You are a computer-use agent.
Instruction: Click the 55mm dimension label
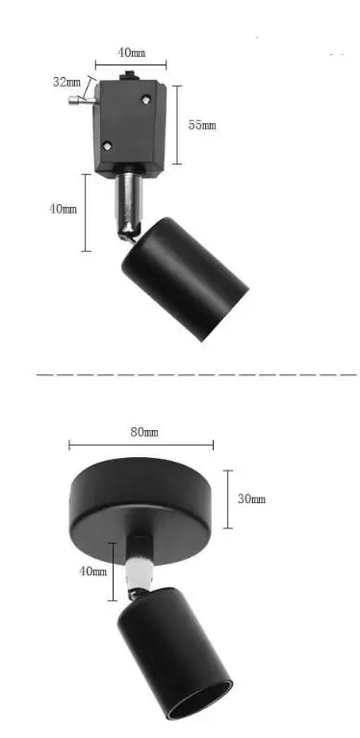click(202, 126)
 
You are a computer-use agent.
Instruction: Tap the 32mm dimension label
click(65, 83)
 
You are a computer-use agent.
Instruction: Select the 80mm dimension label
click(144, 432)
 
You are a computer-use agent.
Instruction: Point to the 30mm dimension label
click(252, 498)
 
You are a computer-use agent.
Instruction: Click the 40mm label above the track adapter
click(132, 51)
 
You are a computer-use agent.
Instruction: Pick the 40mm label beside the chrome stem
click(63, 209)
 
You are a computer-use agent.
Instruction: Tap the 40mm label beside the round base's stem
click(92, 572)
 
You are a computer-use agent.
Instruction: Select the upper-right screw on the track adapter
click(146, 97)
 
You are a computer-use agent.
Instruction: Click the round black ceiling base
click(142, 500)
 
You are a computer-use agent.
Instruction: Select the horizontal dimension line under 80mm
click(141, 445)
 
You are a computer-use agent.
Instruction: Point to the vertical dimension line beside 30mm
click(229, 498)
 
